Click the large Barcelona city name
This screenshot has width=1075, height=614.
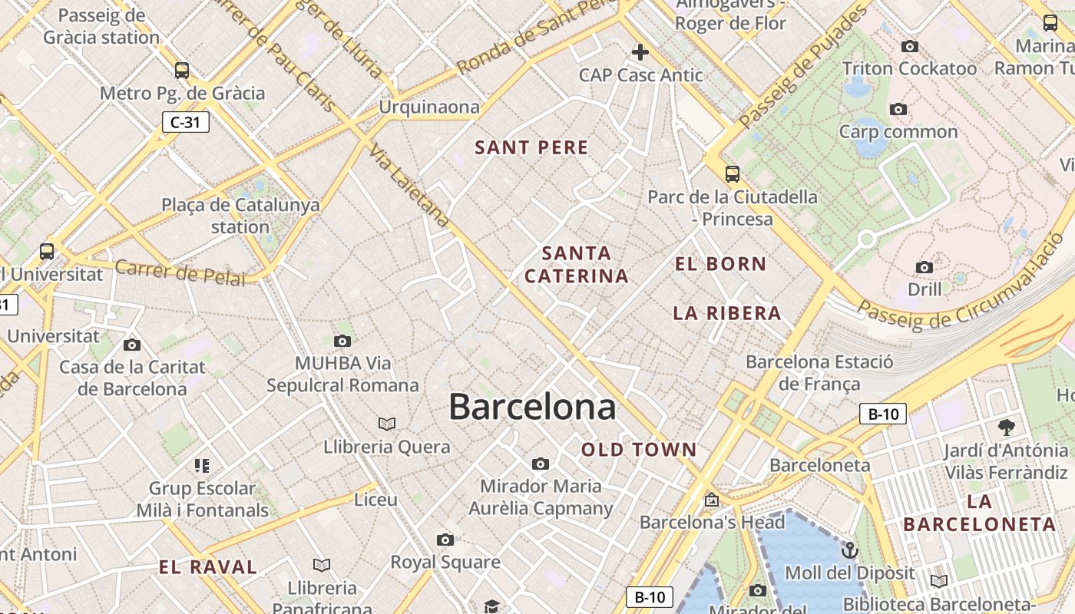[532, 407]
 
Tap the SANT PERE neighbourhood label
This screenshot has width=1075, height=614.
[531, 148]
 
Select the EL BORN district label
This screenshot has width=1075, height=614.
[720, 265]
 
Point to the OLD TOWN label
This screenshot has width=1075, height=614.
[639, 451]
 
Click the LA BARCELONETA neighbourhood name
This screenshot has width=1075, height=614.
[980, 513]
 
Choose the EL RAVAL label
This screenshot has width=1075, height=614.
[208, 568]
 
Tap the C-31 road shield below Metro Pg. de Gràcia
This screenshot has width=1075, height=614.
[185, 121]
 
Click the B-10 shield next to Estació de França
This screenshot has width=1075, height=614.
[883, 414]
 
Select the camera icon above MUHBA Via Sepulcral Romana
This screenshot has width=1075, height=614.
[342, 341]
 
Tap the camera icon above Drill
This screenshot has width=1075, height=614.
[925, 267]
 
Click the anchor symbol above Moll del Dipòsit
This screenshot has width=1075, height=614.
[849, 550]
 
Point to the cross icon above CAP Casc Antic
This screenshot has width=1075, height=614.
[640, 52]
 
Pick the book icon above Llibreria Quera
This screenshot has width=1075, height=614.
[387, 424]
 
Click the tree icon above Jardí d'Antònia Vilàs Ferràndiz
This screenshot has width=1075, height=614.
[1007, 427]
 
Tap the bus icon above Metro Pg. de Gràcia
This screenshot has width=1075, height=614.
[182, 71]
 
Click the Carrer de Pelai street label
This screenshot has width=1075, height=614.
[180, 272]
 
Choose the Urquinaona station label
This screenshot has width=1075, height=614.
[429, 107]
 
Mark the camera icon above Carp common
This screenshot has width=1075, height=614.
[898, 110]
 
